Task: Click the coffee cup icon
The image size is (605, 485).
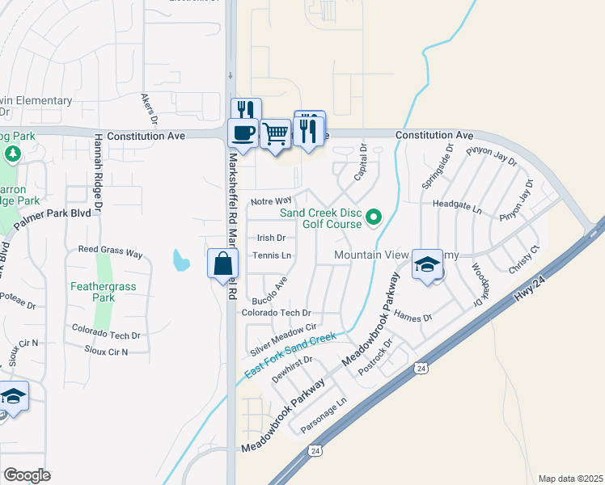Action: (243, 132)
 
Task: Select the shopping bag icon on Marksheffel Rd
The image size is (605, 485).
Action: (222, 264)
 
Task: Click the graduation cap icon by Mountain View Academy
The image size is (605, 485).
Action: (427, 264)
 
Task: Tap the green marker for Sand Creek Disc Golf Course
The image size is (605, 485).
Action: (374, 217)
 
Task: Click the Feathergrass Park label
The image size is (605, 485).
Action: (104, 292)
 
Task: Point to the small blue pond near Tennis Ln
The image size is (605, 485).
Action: (181, 261)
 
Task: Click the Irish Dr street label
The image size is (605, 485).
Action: (271, 238)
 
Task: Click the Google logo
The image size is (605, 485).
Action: (27, 474)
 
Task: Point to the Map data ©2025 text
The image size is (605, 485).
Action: (570, 479)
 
